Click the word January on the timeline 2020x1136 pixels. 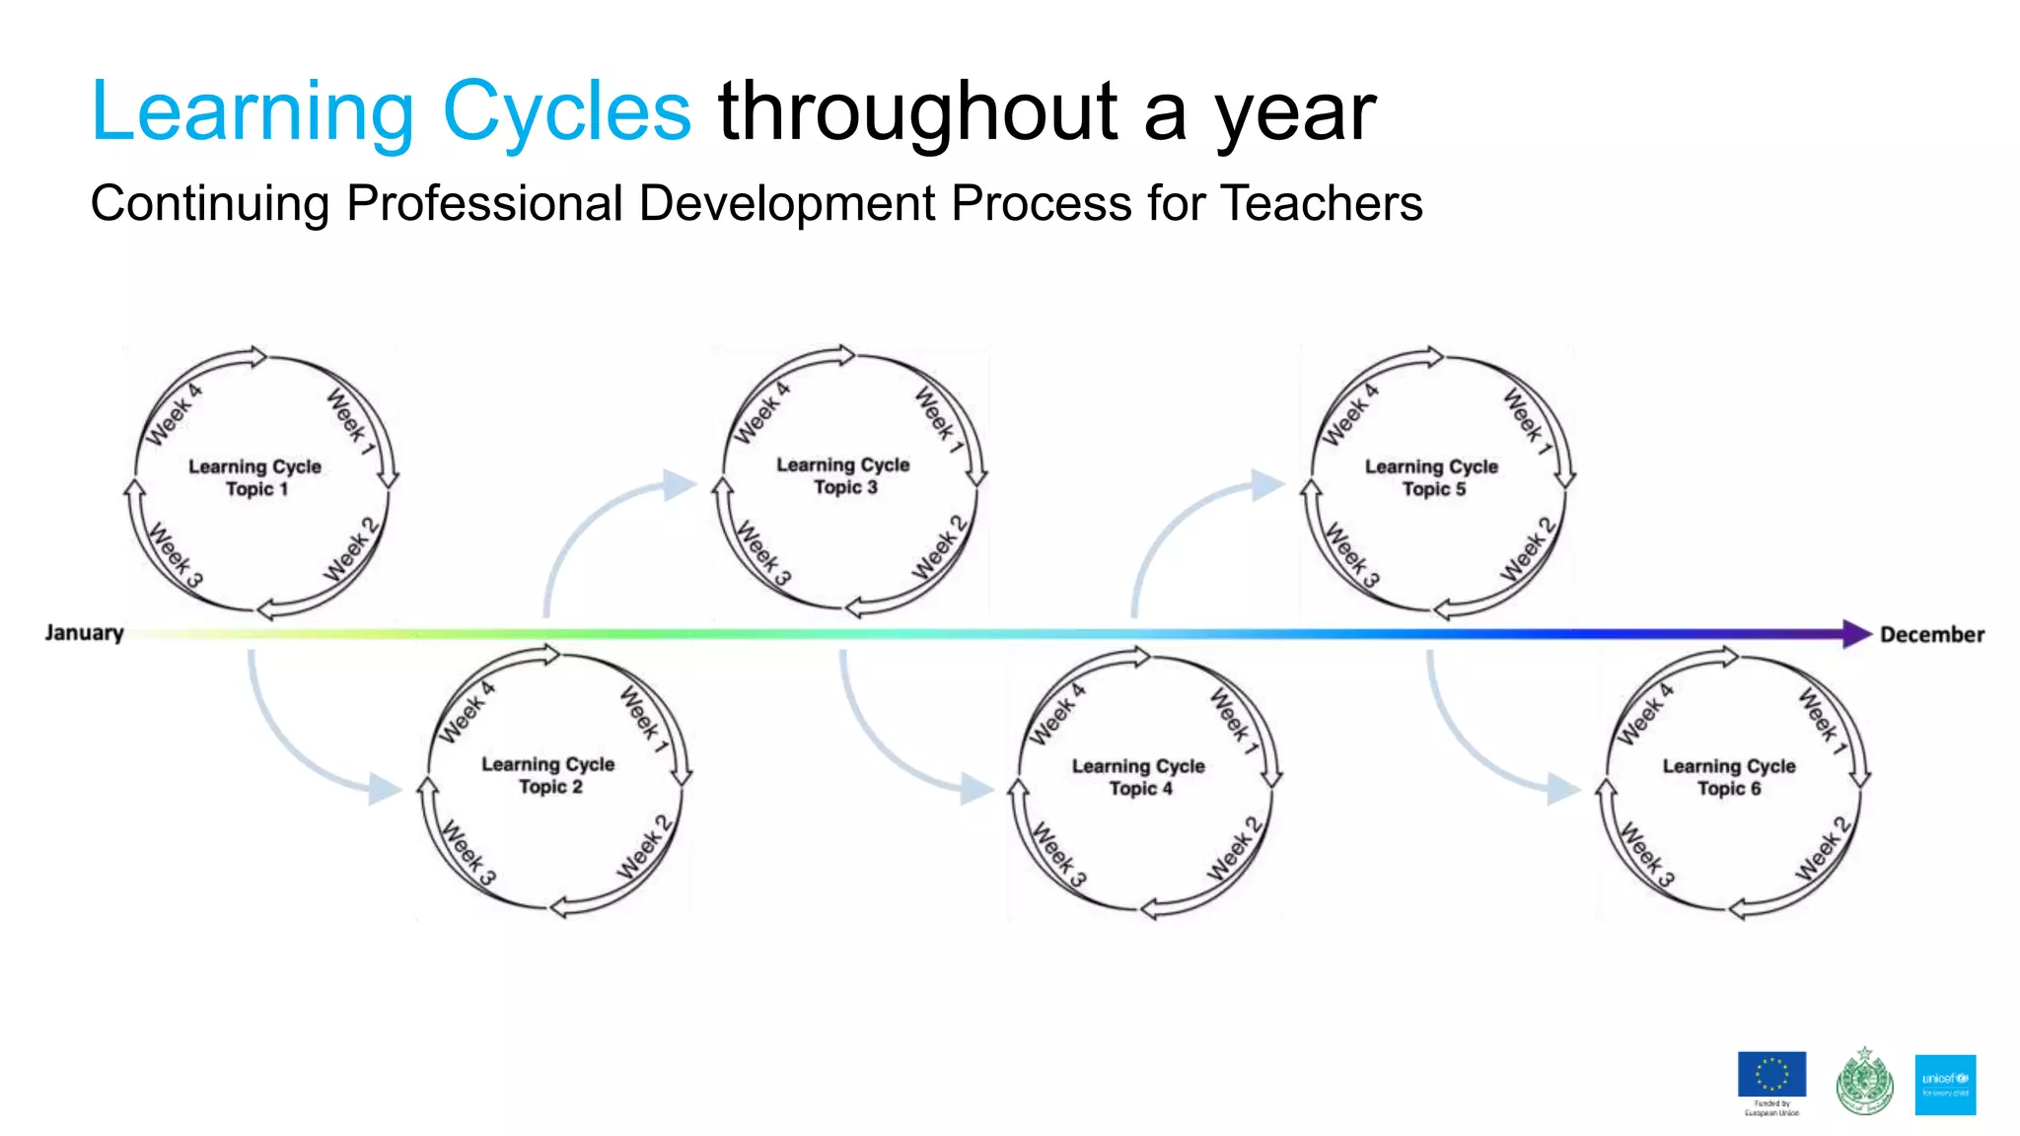[84, 633]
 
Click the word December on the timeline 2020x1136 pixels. [1931, 635]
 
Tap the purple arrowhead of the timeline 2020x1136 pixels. [1856, 634]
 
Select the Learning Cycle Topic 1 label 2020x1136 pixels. [255, 477]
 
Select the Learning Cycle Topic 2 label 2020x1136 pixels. [548, 775]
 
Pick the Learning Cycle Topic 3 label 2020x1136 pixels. [843, 475]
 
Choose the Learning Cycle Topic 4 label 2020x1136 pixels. [1138, 777]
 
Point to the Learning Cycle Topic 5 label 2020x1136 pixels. [1431, 477]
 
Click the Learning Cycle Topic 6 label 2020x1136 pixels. [1728, 777]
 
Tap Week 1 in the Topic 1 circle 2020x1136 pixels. [351, 422]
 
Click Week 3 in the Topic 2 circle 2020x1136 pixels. [468, 852]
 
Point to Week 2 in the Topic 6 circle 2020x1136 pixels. [1821, 848]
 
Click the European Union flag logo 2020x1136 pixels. [1771, 1076]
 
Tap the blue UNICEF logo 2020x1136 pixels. [1945, 1085]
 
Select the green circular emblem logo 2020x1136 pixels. [1863, 1082]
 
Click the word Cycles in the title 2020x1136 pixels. [566, 112]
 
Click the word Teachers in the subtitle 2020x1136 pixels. [1322, 204]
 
